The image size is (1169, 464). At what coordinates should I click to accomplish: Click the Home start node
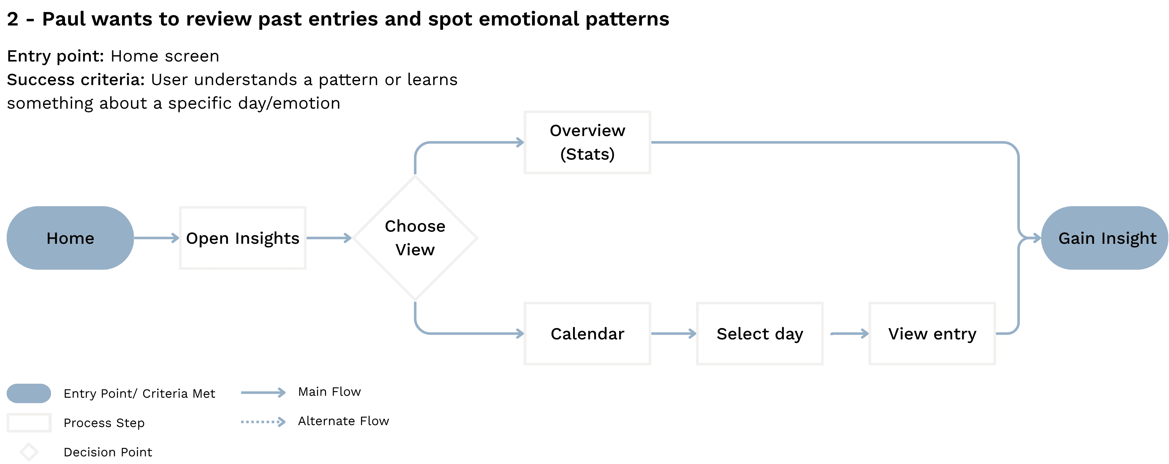click(x=70, y=238)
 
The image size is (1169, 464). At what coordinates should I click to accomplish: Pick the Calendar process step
click(x=587, y=334)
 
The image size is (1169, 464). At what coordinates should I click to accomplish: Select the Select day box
click(x=760, y=334)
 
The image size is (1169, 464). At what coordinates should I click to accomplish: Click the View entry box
click(x=932, y=334)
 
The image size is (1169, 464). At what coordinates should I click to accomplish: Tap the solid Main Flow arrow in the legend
click(x=263, y=392)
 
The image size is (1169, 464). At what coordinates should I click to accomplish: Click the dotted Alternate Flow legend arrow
click(x=263, y=422)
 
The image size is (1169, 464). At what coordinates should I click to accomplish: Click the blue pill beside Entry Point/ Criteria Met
click(x=29, y=393)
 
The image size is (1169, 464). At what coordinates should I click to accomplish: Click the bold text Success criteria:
click(x=75, y=80)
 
